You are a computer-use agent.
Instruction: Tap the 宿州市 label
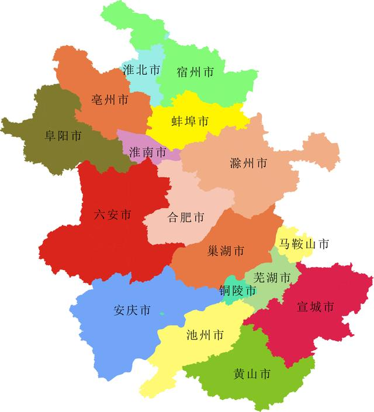point(195,72)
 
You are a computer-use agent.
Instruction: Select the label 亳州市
point(110,100)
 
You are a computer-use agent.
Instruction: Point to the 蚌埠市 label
point(190,122)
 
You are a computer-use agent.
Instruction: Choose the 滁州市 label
point(249,164)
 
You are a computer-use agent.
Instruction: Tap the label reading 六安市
point(113,215)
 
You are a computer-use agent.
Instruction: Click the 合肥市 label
point(186,218)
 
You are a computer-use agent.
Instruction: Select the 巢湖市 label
point(226,251)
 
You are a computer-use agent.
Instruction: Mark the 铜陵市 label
point(237,290)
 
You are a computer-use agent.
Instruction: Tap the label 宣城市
point(316,307)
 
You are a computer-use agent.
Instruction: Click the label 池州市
point(205,335)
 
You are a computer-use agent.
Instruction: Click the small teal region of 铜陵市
point(231,298)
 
